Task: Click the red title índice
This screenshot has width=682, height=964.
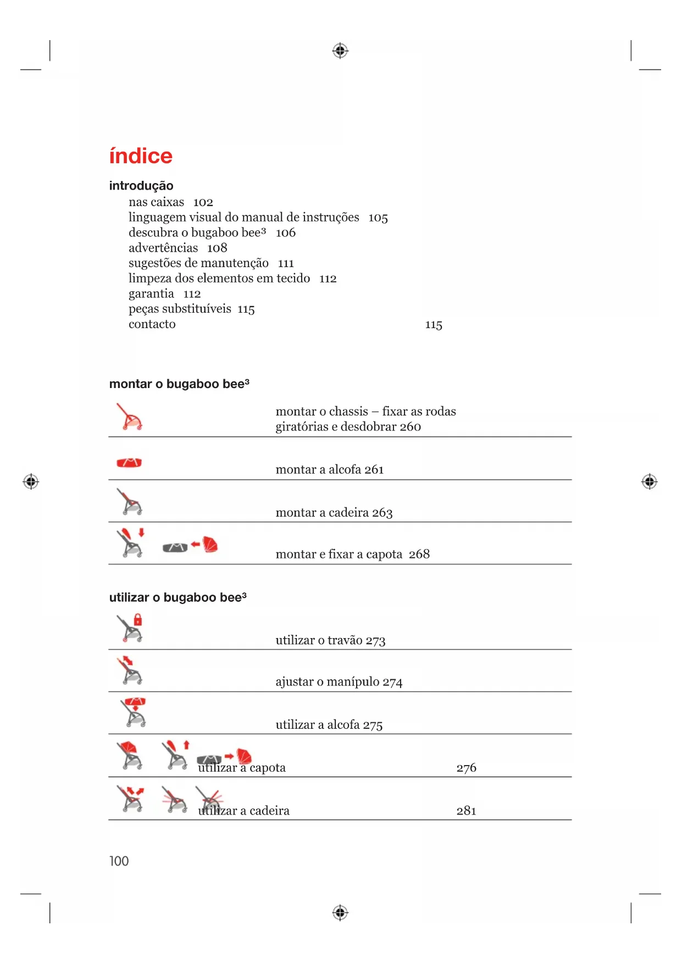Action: point(141,157)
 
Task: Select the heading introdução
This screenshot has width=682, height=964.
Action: point(141,186)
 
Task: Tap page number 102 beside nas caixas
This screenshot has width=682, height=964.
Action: point(203,202)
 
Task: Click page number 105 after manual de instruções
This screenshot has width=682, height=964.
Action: point(378,218)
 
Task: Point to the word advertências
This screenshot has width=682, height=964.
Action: point(163,248)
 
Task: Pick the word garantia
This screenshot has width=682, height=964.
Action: point(151,293)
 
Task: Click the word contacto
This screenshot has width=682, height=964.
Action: point(152,324)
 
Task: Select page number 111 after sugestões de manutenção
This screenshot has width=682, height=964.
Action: point(286,263)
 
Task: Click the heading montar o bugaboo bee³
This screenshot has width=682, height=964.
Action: point(179,384)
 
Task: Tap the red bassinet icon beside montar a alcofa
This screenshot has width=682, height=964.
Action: point(129,462)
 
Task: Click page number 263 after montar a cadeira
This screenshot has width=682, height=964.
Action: point(382,513)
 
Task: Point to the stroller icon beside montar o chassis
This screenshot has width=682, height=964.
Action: point(130,417)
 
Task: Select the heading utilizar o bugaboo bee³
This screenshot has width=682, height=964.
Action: point(178,597)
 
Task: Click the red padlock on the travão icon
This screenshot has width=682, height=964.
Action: point(138,619)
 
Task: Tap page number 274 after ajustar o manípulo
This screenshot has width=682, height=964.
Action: point(392,682)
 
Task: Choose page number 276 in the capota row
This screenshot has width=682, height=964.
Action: point(467,768)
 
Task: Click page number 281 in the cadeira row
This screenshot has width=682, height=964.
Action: point(467,811)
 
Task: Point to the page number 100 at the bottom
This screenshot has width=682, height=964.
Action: point(119,861)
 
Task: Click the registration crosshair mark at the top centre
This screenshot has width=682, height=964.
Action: point(340,51)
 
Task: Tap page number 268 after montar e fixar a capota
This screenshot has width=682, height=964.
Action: point(419,554)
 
